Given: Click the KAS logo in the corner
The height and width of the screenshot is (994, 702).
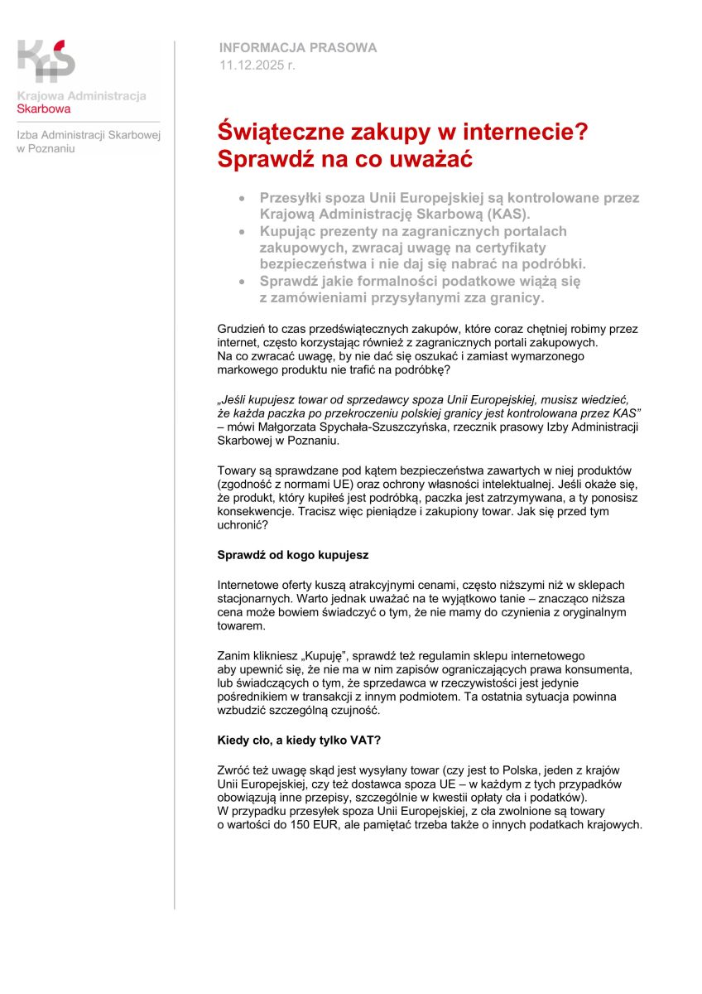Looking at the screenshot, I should click(46, 60).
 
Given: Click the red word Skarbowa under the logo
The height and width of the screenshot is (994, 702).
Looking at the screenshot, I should click(44, 109).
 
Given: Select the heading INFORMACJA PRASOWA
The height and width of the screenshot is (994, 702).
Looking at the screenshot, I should click(298, 48).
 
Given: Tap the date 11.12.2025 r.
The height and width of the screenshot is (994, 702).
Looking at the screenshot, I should click(257, 64).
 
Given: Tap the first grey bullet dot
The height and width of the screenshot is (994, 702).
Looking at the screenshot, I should click(242, 199).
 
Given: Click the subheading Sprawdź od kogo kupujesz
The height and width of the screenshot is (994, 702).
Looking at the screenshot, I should click(292, 554).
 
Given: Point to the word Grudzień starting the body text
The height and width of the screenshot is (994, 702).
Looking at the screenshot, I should click(241, 329).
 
